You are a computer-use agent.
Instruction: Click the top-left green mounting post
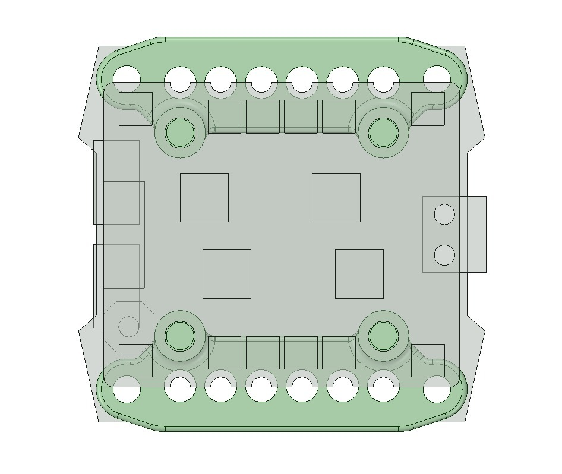[179, 132]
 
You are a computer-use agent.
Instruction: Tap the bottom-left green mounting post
[179, 336]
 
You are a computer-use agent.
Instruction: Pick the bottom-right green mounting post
[383, 336]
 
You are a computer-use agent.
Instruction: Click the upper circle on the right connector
[444, 214]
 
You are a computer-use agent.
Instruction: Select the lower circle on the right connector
[444, 255]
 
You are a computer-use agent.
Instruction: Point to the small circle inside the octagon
[129, 326]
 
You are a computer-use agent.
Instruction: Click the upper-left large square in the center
[204, 198]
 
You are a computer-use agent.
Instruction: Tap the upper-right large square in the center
[336, 198]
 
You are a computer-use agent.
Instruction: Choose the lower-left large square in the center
[227, 274]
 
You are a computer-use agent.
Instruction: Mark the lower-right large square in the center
[359, 274]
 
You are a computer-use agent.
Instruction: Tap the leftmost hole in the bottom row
[127, 390]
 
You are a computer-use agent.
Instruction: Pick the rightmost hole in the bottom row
[437, 390]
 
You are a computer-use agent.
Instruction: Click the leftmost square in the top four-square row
[225, 116]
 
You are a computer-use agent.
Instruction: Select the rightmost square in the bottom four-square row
[339, 353]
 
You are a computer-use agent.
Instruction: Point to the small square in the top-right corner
[428, 109]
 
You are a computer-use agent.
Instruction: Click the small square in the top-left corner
[135, 109]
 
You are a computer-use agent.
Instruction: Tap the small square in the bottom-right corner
[428, 360]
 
